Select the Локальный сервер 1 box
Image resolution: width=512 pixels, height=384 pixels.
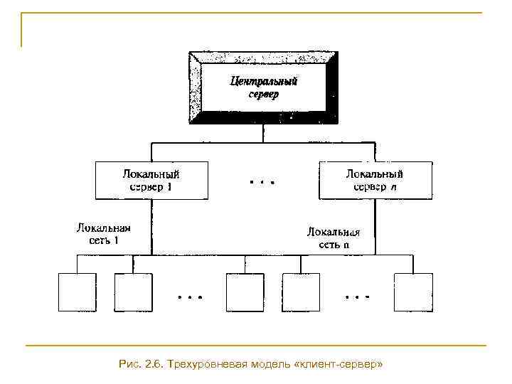(x=151, y=180)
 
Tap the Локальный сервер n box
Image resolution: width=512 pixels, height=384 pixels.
(x=375, y=180)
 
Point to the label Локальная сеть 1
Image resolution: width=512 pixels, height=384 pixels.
(x=104, y=234)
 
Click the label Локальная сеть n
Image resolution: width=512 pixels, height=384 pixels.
(x=334, y=238)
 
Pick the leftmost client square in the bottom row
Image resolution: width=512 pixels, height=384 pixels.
(x=77, y=292)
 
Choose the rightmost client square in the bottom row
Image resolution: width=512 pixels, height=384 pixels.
(x=413, y=292)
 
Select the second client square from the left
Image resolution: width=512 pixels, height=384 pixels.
(x=132, y=292)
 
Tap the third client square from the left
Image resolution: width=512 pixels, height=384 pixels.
(x=245, y=292)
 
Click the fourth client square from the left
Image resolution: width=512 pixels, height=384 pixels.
(x=301, y=292)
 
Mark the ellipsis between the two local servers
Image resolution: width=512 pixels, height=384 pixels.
(x=262, y=181)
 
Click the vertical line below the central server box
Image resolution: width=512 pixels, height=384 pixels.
(x=264, y=133)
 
